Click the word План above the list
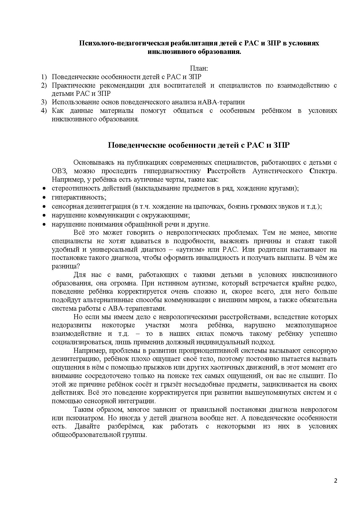(199, 69)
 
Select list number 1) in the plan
(44, 77)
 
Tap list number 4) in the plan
(44, 111)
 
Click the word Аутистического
(278, 171)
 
